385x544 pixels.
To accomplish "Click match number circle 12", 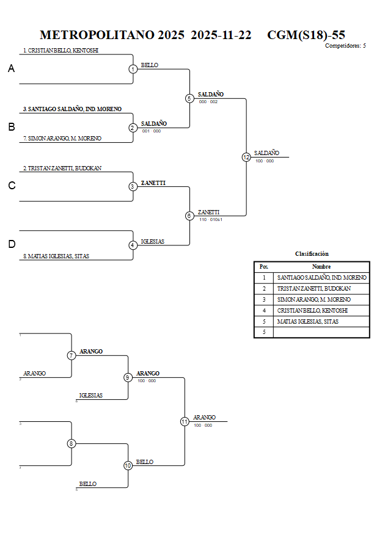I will (246, 157).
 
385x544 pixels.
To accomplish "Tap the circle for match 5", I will (189, 98).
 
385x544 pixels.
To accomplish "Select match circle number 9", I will (128, 377).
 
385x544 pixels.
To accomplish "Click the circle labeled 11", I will (185, 421).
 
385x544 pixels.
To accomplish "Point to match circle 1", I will (133, 69).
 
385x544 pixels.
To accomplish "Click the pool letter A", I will (11, 69).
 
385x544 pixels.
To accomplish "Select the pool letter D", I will (11, 244).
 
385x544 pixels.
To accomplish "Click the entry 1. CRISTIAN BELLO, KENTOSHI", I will (61, 51).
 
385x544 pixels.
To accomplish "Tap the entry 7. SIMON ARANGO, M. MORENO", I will (62, 139).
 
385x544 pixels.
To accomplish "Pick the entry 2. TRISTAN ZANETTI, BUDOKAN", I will (62, 168).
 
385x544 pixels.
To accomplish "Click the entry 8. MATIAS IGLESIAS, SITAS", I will (56, 256).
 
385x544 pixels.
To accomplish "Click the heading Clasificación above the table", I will (312, 253).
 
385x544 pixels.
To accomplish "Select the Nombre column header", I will (321, 266).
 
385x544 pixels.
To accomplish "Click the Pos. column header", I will (263, 266).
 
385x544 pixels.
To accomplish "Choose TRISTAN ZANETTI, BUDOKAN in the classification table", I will (313, 288).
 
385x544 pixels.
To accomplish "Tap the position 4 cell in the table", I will (263, 310).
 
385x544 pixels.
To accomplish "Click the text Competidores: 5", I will (345, 46).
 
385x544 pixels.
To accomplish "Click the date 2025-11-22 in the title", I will (221, 35).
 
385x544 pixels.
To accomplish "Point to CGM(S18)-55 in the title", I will (306, 35).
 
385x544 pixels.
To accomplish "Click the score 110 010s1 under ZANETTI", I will (210, 219).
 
